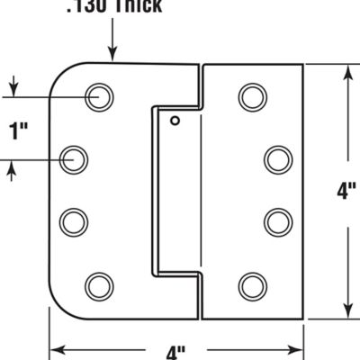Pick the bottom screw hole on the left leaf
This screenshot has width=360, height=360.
98,286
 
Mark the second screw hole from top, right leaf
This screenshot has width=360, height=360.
277,160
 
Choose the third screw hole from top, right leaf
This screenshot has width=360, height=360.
277,220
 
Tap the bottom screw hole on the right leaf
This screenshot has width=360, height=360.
252,286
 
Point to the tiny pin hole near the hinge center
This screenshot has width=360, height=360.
175,121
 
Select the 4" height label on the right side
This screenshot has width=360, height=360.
344,191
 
